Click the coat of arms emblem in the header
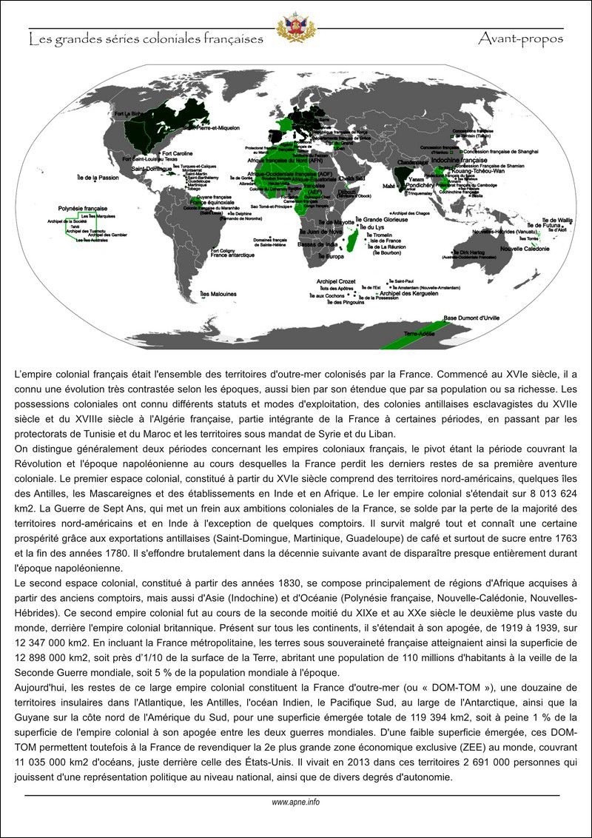pos(295,27)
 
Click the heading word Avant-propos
pos(520,38)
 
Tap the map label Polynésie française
pos(79,209)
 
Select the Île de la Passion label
pos(97,178)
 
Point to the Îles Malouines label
pos(218,294)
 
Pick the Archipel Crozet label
pos(336,281)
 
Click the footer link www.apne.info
pos(295,802)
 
